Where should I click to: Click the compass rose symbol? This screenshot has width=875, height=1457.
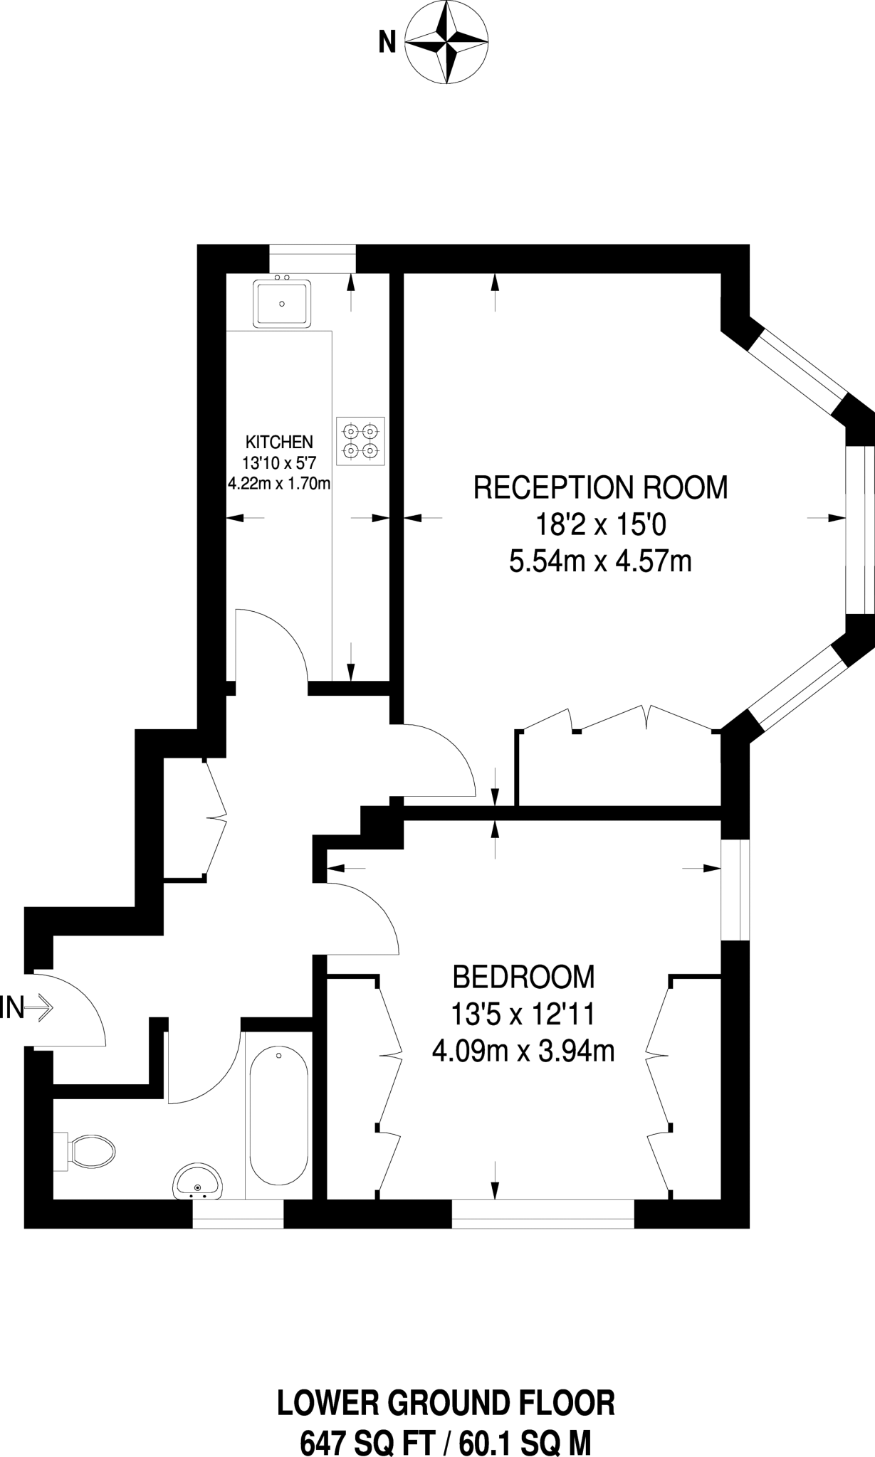(447, 43)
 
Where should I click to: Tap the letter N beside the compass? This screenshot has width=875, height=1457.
(387, 43)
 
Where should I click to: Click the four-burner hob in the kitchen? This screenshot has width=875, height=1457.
(360, 441)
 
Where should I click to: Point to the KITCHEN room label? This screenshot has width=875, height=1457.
(279, 442)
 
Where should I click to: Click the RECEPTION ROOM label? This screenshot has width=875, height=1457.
(601, 488)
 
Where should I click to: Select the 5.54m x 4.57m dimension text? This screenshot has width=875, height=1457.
(600, 562)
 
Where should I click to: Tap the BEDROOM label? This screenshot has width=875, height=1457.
(523, 977)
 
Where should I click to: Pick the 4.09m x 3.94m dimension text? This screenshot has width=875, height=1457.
(523, 1050)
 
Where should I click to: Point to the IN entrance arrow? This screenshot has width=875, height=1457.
(27, 1008)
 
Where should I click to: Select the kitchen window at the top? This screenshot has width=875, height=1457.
(312, 258)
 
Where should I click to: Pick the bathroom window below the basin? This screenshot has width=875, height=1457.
(238, 1214)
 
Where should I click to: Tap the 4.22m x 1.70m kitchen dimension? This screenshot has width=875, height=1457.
(279, 484)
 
